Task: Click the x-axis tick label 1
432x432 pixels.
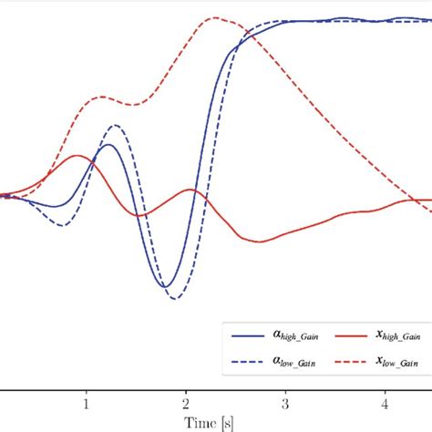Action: point(86,402)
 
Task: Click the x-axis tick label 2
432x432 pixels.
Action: point(185,402)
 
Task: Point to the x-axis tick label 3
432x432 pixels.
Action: point(285,402)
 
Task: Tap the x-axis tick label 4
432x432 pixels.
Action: point(385,402)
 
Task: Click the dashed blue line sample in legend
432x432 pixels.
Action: point(248,361)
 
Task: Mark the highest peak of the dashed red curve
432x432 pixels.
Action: point(214,17)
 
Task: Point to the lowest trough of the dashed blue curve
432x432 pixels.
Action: point(175,298)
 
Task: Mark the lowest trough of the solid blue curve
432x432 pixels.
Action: point(165,287)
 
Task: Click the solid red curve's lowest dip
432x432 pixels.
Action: point(260,242)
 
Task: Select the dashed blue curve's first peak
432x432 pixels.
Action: point(114,125)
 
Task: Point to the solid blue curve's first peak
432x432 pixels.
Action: point(108,144)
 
